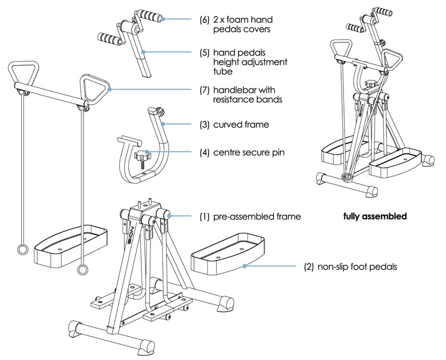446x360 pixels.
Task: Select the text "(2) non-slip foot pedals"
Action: [x=350, y=267]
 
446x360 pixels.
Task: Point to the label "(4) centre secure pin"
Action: [x=245, y=152]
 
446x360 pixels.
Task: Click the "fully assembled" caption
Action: [x=375, y=216]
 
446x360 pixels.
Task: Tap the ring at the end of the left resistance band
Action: [x=22, y=249]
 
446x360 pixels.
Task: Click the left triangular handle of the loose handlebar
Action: [x=22, y=71]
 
